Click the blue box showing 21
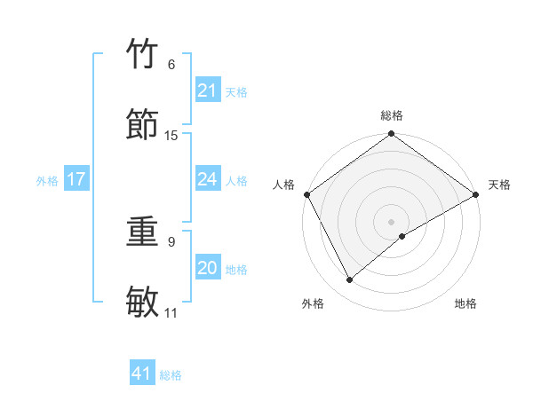point(207,90)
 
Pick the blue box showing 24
point(207,179)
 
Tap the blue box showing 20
point(207,268)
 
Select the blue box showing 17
point(76,179)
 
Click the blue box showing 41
point(142,374)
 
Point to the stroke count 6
point(171,65)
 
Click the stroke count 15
point(171,136)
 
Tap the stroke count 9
point(171,241)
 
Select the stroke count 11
point(171,313)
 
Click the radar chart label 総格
point(391,115)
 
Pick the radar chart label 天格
point(499,185)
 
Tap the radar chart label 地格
point(465,303)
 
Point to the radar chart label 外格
point(313,303)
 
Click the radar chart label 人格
point(283,185)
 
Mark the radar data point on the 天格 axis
point(476,194)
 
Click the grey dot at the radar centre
point(391,221)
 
